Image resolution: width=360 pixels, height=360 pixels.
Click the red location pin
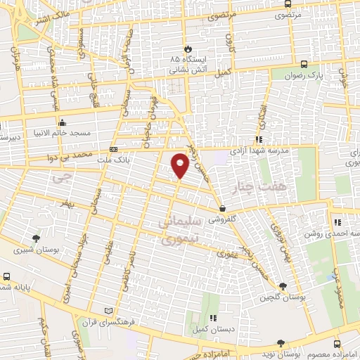point(180,165)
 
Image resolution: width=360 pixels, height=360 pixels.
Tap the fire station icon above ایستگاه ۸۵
point(188,49)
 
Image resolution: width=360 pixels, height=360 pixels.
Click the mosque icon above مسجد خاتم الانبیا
point(64,121)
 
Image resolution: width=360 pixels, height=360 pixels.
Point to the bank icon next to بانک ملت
point(114,149)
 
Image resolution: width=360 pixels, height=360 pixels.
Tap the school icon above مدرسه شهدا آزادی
point(259,140)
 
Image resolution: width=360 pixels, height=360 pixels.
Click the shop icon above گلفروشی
point(222,208)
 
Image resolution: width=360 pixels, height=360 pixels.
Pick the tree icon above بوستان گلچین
point(283,286)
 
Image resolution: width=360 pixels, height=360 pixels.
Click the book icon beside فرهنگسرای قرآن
point(107,310)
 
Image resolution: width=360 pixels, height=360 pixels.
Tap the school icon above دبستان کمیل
point(212,317)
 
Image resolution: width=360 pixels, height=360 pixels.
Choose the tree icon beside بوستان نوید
point(281,342)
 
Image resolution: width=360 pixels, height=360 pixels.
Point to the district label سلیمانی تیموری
point(181,231)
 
